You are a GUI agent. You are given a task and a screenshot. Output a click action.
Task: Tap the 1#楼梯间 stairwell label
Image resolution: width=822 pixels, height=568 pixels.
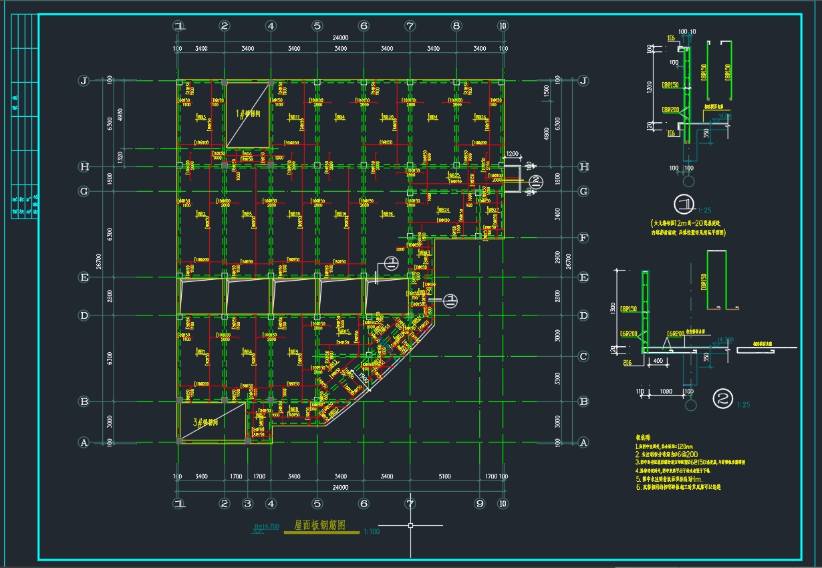[247, 114]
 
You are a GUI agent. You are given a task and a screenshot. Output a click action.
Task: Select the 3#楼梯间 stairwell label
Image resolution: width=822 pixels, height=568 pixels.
[207, 423]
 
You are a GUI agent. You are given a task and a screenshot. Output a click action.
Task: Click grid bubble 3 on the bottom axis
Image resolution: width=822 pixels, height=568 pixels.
[247, 503]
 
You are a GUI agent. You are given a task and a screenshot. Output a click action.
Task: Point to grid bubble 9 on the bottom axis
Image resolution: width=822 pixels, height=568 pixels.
[479, 503]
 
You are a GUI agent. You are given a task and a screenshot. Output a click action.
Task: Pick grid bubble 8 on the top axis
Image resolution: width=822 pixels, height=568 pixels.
[456, 26]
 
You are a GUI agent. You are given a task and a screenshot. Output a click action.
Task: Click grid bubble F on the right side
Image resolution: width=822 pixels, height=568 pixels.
[583, 237]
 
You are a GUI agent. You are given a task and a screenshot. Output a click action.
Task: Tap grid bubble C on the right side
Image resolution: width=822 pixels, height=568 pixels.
[583, 356]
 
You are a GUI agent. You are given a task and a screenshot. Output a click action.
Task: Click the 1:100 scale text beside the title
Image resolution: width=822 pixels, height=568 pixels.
[372, 531]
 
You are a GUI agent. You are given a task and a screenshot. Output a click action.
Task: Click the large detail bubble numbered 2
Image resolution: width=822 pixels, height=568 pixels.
[723, 399]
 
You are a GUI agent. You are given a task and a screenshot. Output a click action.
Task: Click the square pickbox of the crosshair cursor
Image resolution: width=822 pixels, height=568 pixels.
[410, 526]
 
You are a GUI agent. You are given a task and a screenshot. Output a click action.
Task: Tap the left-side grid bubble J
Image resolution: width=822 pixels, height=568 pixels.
[84, 81]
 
